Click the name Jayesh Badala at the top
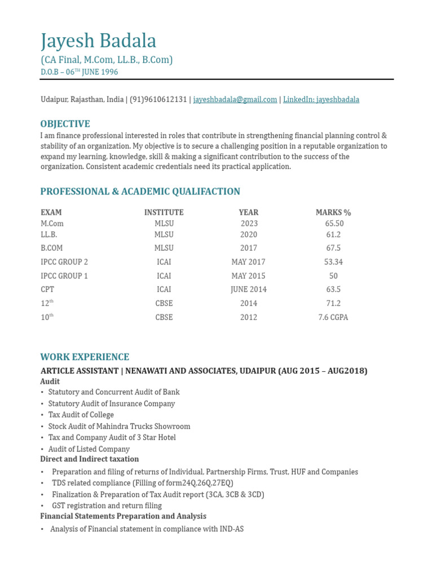(99, 41)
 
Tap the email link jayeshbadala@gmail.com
(235, 100)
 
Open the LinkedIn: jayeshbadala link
(321, 100)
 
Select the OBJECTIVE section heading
(65, 124)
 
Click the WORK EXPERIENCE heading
(85, 357)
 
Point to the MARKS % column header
(333, 212)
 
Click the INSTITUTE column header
(164, 212)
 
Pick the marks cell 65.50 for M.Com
(334, 224)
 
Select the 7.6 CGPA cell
(333, 317)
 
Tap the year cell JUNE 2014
(248, 290)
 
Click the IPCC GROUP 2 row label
(64, 262)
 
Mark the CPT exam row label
(47, 290)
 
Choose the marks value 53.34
(334, 262)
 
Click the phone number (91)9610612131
(158, 100)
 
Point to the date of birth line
(79, 72)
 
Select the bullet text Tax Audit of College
(81, 415)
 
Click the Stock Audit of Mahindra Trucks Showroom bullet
(119, 427)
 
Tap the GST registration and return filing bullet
(107, 506)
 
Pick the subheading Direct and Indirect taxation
(89, 459)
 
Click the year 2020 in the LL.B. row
(249, 235)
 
